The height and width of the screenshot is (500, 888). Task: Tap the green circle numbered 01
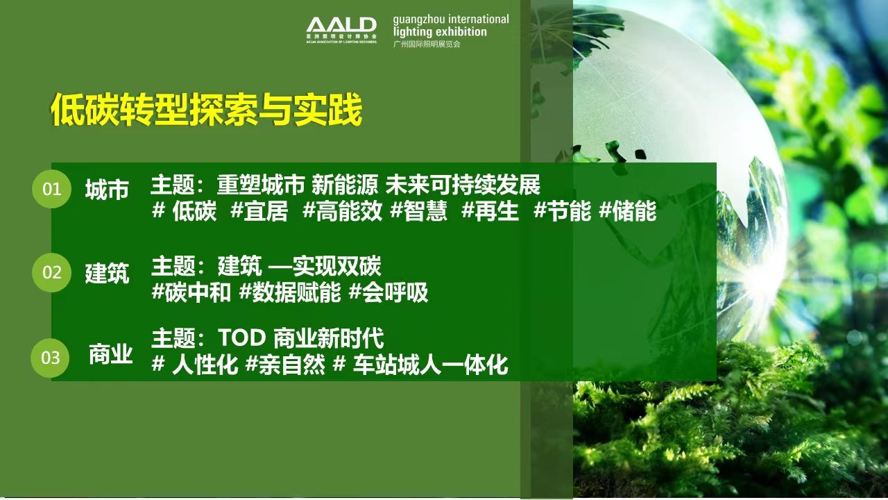(52, 189)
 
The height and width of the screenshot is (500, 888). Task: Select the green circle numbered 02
(52, 272)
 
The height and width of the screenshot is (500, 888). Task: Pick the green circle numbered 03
(51, 358)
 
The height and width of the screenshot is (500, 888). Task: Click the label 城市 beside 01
(107, 190)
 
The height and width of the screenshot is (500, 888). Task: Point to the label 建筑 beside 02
(107, 273)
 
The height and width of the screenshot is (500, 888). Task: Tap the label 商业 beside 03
(110, 356)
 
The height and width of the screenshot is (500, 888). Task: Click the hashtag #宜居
(259, 212)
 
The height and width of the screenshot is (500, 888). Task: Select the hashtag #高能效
(342, 212)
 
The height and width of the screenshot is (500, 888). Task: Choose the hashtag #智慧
(418, 212)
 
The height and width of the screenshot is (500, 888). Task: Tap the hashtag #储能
(627, 212)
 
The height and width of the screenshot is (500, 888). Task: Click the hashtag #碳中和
(191, 293)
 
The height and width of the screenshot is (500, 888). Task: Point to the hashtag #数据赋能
(289, 293)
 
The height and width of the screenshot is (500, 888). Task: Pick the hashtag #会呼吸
(388, 293)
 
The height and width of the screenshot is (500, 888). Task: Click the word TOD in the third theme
(241, 338)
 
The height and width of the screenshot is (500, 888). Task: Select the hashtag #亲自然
(285, 365)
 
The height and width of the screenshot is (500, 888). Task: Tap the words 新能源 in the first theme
(344, 185)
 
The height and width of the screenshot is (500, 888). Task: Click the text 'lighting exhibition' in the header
(440, 32)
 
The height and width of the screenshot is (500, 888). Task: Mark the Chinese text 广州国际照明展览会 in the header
(426, 44)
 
